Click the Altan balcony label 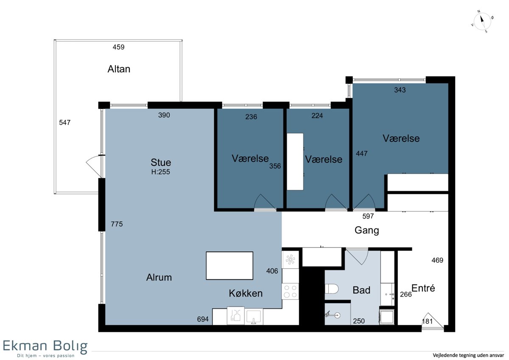click(119, 69)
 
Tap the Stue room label click(161, 162)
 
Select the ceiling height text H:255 click(161, 172)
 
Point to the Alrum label click(159, 278)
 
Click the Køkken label click(246, 293)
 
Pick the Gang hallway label click(367, 231)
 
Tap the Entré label click(423, 288)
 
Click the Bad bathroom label click(361, 290)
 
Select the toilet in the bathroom click(332, 289)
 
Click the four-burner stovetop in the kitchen click(290, 291)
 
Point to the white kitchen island click(229, 266)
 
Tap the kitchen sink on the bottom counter click(254, 317)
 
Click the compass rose click(482, 22)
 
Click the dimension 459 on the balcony click(119, 47)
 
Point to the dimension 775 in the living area click(117, 224)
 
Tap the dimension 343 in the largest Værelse click(400, 90)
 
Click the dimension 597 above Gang click(368, 216)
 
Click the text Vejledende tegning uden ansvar click(468, 355)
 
